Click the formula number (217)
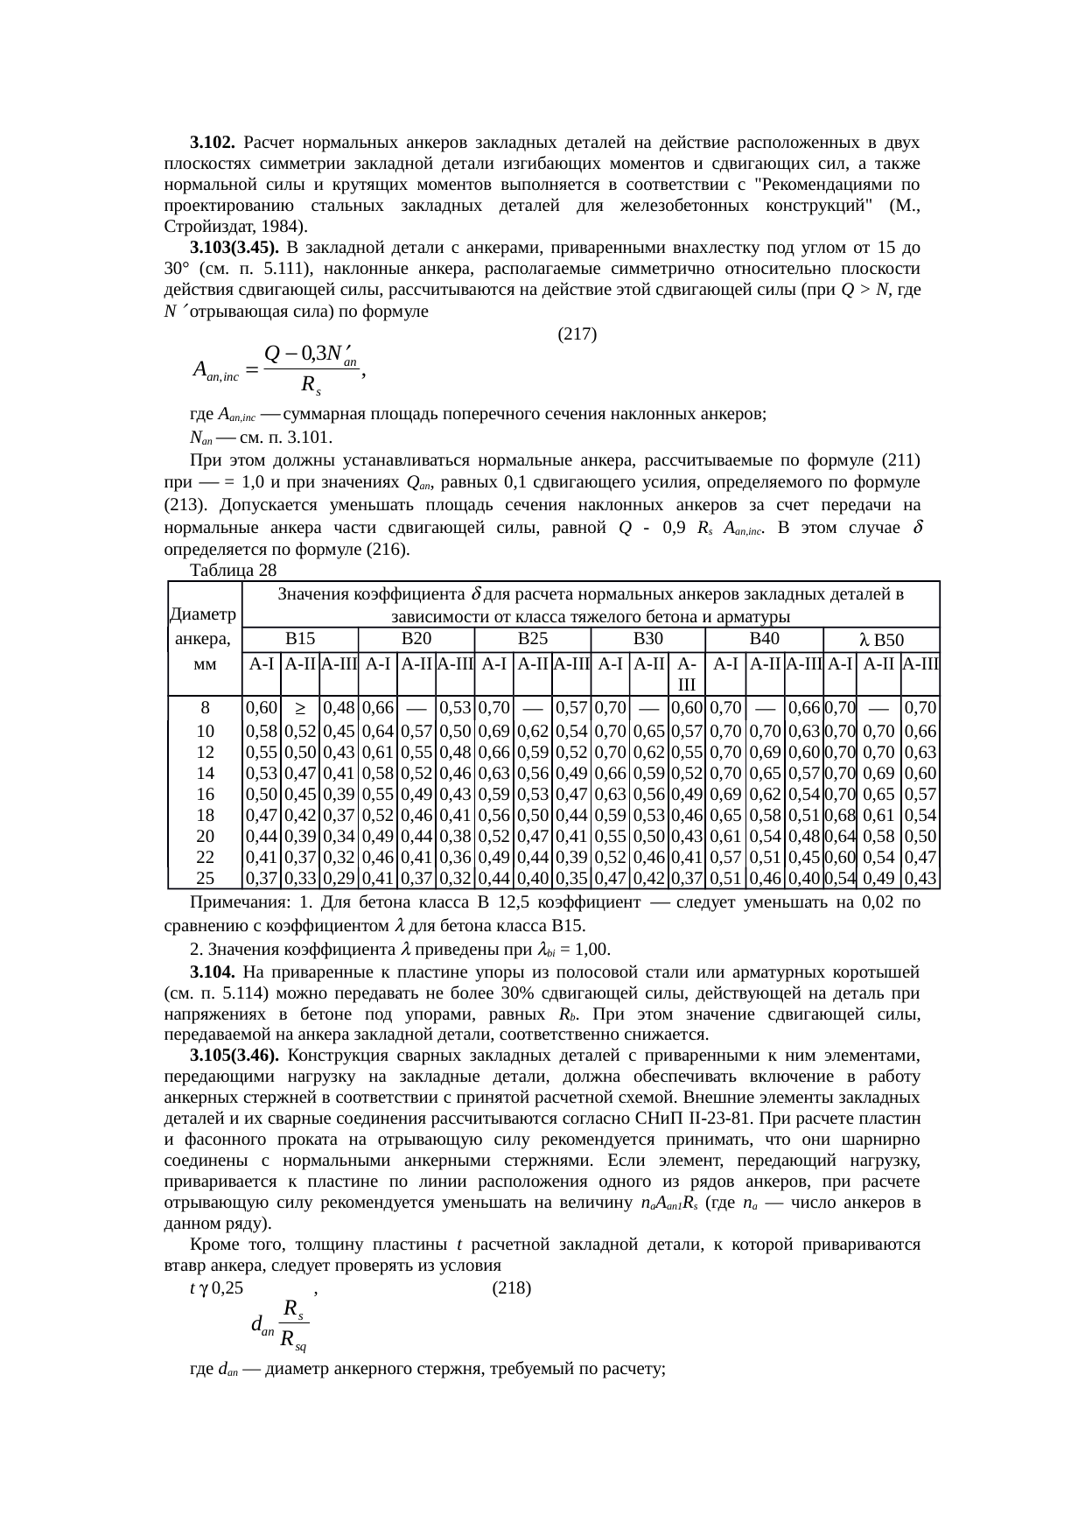point(577,333)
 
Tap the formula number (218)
point(512,1288)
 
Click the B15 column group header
point(300,638)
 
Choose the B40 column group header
point(764,638)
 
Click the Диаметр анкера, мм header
point(204,638)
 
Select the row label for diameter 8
point(204,707)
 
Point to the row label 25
point(204,877)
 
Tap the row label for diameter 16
point(204,793)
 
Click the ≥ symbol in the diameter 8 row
point(299,707)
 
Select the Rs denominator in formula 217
point(311,384)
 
